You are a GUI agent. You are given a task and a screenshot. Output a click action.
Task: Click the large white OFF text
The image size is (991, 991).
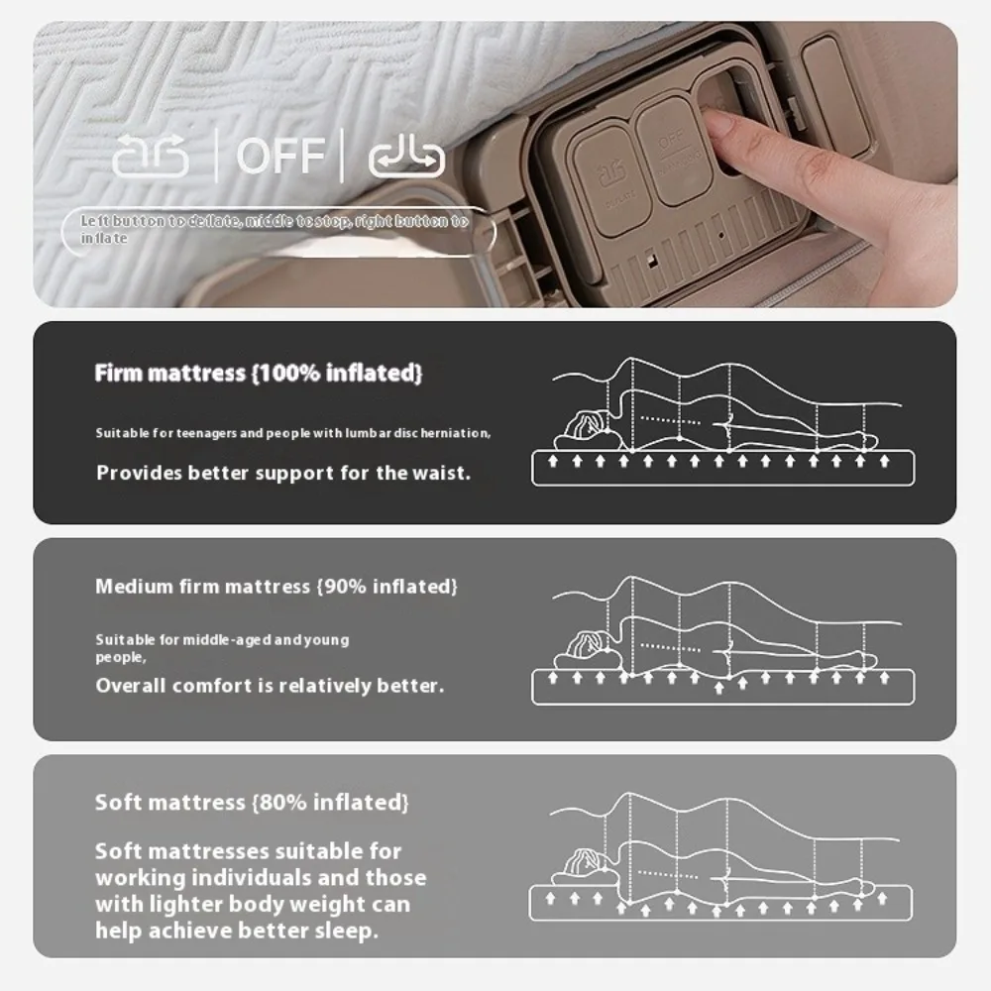(x=280, y=156)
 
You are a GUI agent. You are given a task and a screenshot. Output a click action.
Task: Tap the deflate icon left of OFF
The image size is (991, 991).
(x=150, y=157)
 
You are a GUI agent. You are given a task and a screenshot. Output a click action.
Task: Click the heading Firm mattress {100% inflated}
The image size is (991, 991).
(x=259, y=374)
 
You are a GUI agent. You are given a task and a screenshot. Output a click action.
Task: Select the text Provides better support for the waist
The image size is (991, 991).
(x=283, y=473)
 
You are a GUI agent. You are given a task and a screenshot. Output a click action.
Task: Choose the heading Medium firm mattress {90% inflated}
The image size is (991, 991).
(x=276, y=587)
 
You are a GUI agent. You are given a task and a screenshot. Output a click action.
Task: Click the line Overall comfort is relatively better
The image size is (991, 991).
(x=270, y=686)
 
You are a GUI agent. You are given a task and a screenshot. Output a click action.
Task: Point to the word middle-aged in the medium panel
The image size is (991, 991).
(x=227, y=640)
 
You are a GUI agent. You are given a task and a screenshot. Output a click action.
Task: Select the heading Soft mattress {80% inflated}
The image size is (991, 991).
(x=252, y=802)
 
